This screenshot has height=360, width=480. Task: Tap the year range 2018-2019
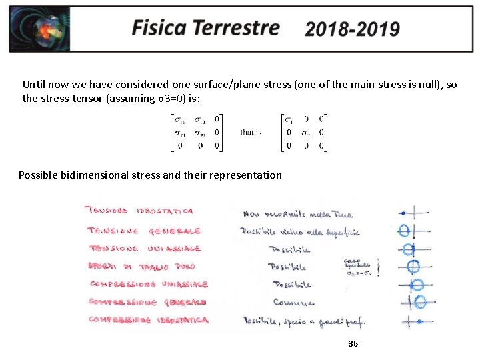pos(352,29)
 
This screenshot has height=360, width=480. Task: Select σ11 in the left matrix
pos(180,120)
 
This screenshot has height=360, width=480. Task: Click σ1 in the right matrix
pos(288,120)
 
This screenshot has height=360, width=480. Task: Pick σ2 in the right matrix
pos(305,133)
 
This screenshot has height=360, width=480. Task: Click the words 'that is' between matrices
pos(251,133)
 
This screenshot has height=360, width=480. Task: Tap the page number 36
pos(353,344)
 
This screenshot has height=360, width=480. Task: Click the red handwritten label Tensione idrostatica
pos(139,211)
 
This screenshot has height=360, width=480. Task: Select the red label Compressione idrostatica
pos(148,320)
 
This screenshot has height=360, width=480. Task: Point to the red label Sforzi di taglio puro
pos(141,266)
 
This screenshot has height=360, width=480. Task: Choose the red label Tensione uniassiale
pos(143,248)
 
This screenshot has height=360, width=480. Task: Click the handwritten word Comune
pos(293,302)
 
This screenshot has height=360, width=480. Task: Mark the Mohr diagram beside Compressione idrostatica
pos(415,321)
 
